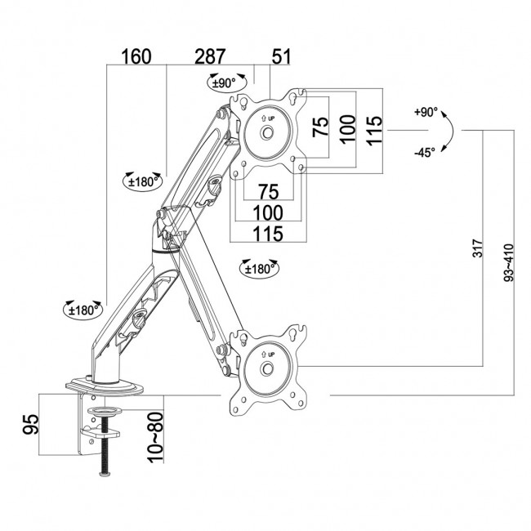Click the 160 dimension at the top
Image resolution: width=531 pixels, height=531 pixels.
pyautogui.click(x=136, y=57)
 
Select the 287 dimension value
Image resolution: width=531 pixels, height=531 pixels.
pyautogui.click(x=210, y=57)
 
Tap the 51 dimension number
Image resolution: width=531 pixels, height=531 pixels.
pyautogui.click(x=281, y=57)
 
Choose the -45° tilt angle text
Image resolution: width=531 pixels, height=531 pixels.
pyautogui.click(x=425, y=152)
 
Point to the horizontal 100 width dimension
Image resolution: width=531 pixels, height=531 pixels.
pyautogui.click(x=268, y=212)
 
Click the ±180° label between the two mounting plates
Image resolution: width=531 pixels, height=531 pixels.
pyautogui.click(x=260, y=267)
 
